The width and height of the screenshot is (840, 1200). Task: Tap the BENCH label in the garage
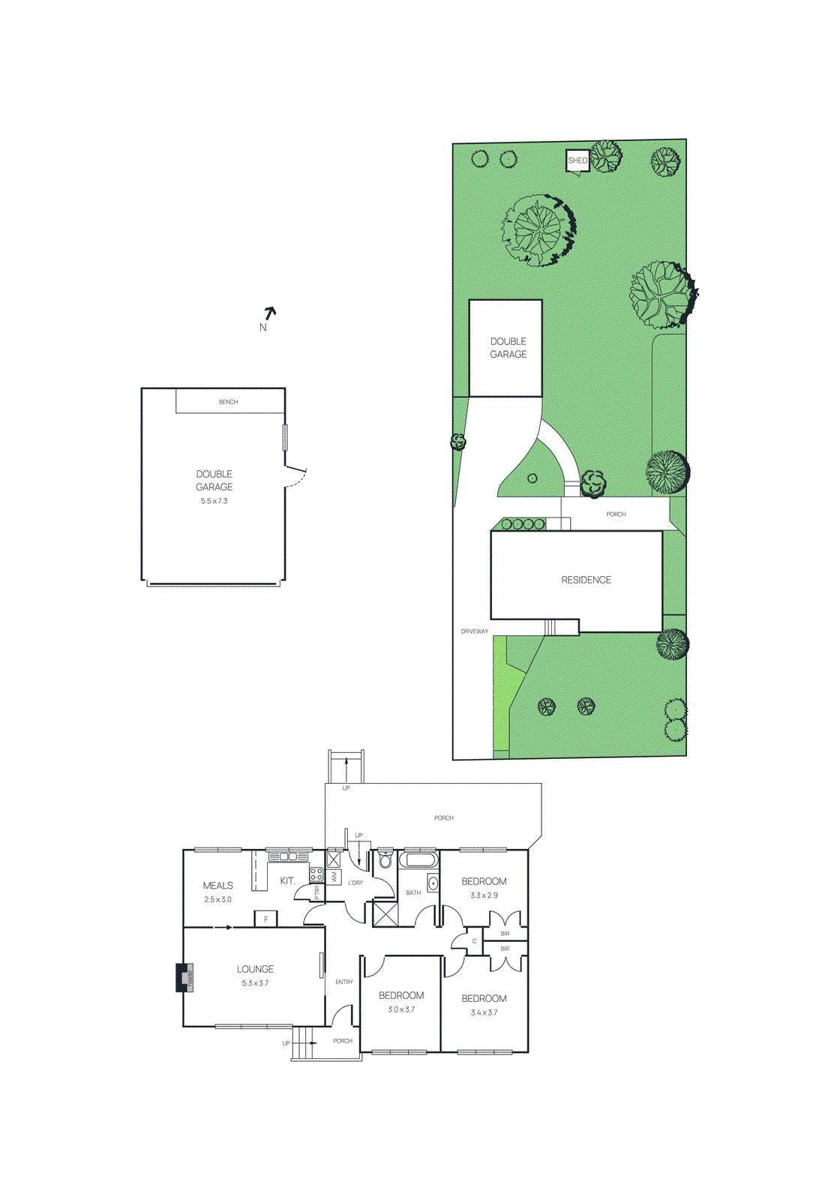228,402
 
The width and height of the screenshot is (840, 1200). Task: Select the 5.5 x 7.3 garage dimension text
214,501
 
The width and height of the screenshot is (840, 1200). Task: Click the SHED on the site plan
577,160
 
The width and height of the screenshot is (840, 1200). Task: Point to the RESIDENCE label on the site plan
586,580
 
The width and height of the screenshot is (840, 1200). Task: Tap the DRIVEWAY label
474,631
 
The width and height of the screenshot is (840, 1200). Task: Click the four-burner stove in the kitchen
316,874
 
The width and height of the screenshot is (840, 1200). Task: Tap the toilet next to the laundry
385,859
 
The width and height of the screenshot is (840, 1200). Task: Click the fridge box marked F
265,919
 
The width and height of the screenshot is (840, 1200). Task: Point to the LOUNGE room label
255,969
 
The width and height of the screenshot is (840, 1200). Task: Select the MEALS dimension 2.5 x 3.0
217,899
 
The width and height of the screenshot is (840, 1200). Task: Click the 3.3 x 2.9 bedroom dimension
484,895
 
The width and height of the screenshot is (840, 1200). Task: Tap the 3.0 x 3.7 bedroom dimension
401,1009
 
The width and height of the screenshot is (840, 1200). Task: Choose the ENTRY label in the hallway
344,982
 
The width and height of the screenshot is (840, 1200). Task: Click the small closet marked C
474,941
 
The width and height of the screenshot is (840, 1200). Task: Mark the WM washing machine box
334,876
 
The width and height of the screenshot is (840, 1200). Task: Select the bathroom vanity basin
433,883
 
